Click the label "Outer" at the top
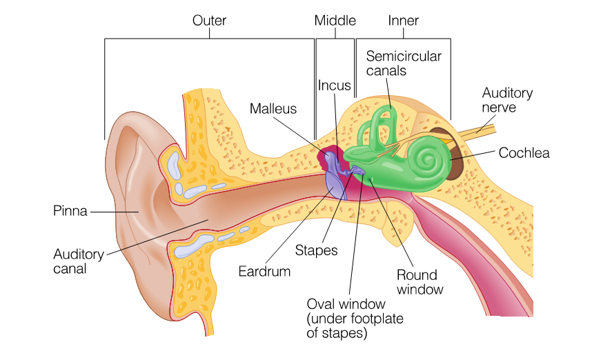(209, 21)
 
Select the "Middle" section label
(335, 21)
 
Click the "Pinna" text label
(70, 211)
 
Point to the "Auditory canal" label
(78, 261)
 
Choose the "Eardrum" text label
(264, 271)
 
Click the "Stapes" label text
(316, 250)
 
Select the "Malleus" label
(273, 108)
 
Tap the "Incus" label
(335, 86)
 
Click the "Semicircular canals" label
(404, 63)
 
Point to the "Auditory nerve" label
(507, 100)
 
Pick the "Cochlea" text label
(524, 153)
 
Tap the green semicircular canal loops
(378, 128)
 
